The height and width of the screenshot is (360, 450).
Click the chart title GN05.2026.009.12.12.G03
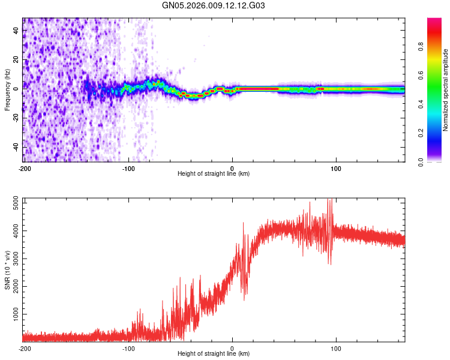coord(214,6)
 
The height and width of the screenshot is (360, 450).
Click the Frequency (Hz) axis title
coord(7,90)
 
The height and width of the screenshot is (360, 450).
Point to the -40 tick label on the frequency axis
coord(13,147)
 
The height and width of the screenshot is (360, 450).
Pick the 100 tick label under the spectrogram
coord(336,168)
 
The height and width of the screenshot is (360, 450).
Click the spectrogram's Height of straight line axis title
coord(214,174)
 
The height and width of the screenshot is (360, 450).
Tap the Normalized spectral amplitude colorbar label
coord(446,90)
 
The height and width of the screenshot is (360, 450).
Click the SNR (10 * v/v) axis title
coord(7,270)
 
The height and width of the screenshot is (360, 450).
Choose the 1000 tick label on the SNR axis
coord(12,314)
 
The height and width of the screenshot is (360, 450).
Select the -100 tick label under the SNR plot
coord(128,348)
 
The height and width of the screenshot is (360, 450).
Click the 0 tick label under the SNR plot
coord(232,348)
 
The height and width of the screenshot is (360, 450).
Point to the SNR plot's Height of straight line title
coord(214,355)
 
